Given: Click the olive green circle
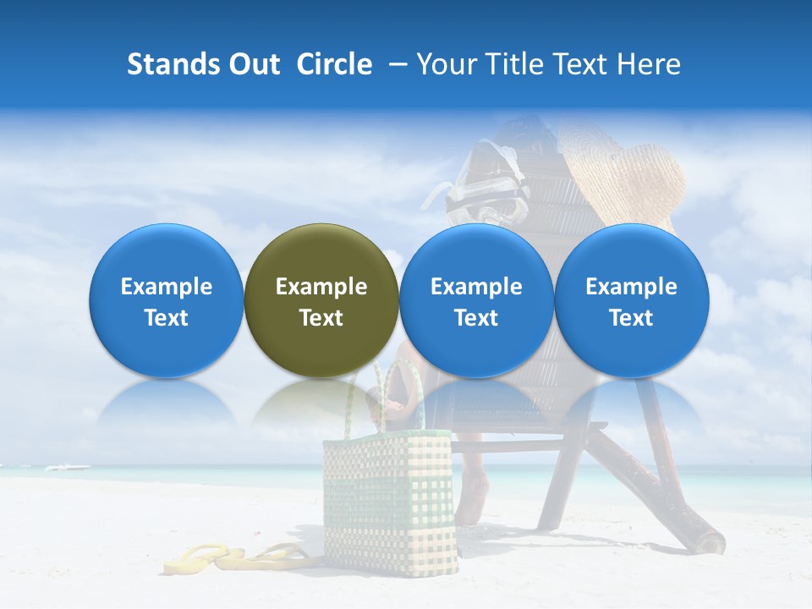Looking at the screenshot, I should click(321, 300).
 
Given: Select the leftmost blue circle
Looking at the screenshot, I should click(166, 300).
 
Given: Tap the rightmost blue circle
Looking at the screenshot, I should click(631, 300).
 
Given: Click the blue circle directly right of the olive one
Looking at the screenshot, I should click(476, 300).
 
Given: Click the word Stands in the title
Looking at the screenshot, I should click(173, 64).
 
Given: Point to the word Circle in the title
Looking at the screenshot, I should click(334, 64).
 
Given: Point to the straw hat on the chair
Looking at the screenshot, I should click(630, 178).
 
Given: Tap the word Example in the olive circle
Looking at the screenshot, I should click(321, 287).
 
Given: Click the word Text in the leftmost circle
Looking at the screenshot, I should click(167, 318).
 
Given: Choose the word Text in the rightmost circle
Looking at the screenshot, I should click(631, 318).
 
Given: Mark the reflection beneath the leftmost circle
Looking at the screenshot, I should click(166, 402).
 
